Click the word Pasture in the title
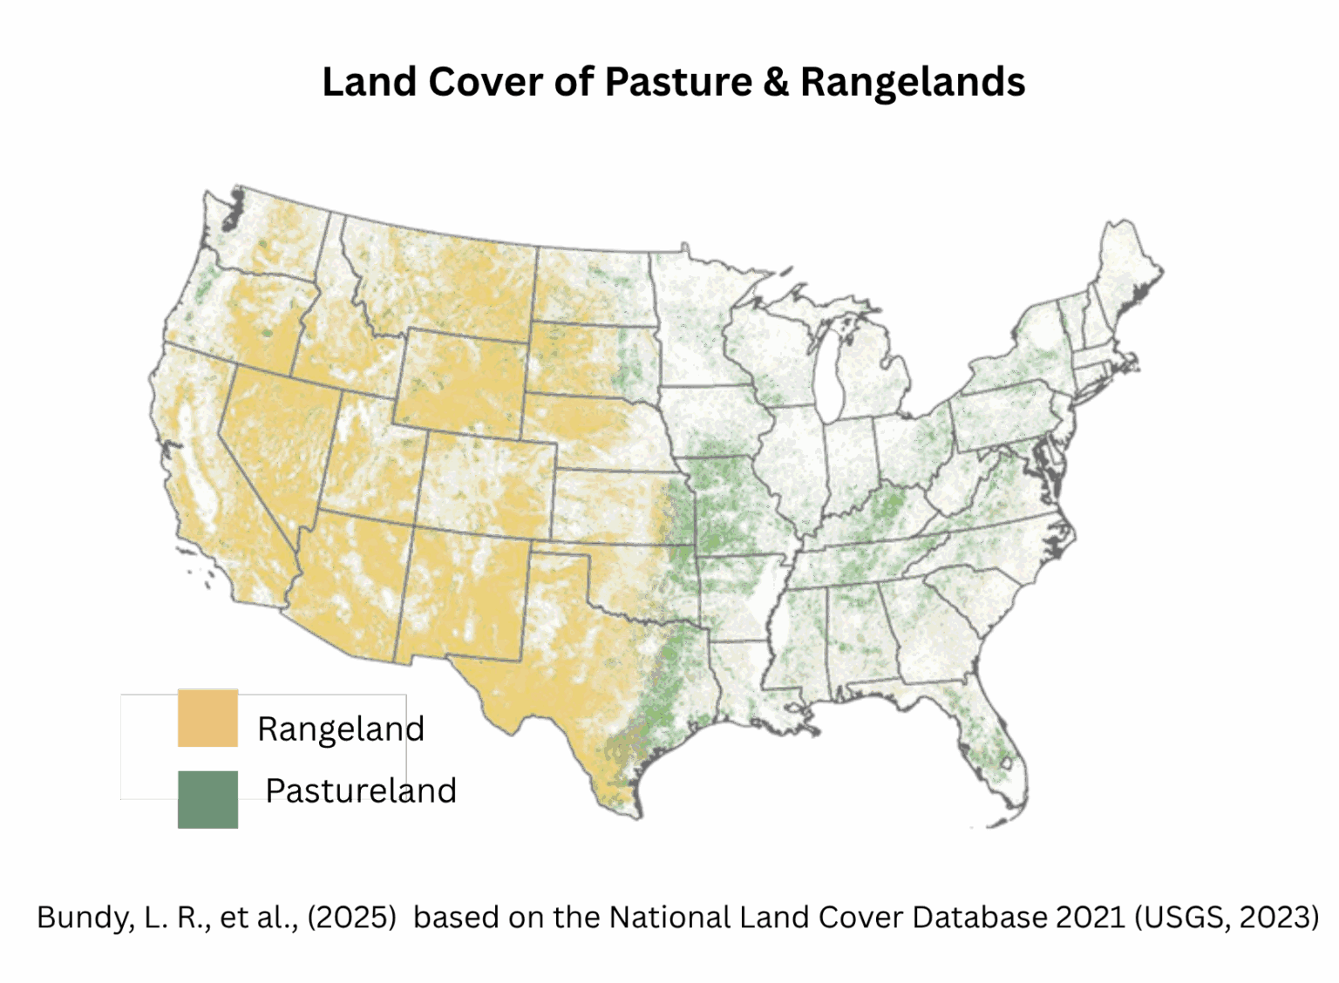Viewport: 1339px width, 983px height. tap(678, 82)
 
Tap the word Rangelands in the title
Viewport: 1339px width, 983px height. tap(912, 82)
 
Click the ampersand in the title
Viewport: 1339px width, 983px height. tap(776, 82)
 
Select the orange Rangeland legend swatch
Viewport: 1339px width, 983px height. tap(207, 718)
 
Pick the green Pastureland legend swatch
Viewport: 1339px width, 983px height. tap(207, 799)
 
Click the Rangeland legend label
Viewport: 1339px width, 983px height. tap(340, 729)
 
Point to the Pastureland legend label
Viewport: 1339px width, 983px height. tap(361, 790)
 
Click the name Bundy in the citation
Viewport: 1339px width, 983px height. tap(83, 917)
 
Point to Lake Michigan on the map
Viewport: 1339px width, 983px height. tap(829, 375)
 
